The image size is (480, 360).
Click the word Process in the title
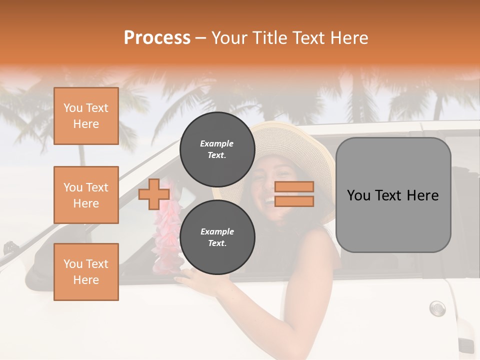pos(157,38)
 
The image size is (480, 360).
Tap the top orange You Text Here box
pos(86,116)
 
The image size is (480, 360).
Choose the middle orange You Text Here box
pos(86,195)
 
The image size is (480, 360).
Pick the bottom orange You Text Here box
pos(86,272)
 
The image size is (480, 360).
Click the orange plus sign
pos(153,194)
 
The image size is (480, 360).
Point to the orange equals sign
pos(294,194)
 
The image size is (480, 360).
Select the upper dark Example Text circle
pos(217,149)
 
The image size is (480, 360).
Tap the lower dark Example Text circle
pos(217,237)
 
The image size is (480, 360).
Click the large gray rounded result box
pos(393,195)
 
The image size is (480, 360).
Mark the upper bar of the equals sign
pos(294,187)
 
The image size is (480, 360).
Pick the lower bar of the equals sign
pos(294,201)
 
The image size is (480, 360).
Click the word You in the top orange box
pos(72,108)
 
